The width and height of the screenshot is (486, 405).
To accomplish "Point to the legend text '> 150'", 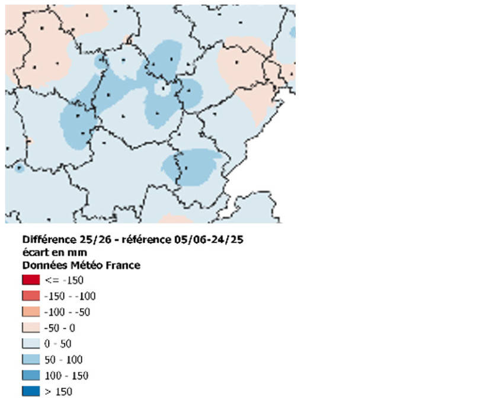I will (x=58, y=391).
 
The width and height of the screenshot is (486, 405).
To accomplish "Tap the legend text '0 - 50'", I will (x=58, y=343).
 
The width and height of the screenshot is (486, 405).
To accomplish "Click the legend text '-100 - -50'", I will (x=67, y=311).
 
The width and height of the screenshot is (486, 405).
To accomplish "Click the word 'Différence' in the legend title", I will (x=49, y=240).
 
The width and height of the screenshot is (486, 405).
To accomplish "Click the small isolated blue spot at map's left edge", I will (x=19, y=168).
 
